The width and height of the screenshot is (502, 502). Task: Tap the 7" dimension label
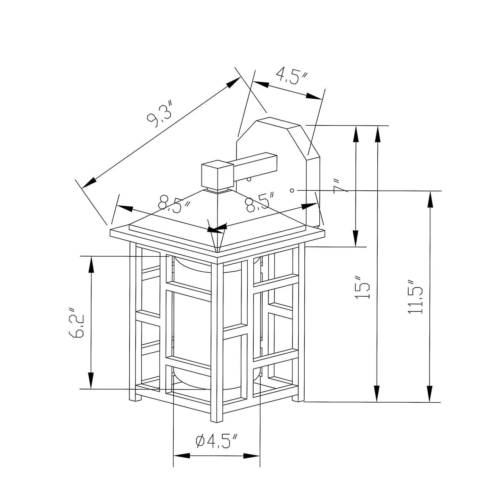[340, 186]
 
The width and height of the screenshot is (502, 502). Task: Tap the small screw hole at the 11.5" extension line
[292, 190]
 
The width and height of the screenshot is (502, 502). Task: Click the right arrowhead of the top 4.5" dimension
[314, 96]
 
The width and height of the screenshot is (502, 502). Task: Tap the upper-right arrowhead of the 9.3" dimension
[233, 82]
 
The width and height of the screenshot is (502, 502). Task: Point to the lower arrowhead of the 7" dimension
[356, 238]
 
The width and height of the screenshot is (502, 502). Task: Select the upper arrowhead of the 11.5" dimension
[430, 200]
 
